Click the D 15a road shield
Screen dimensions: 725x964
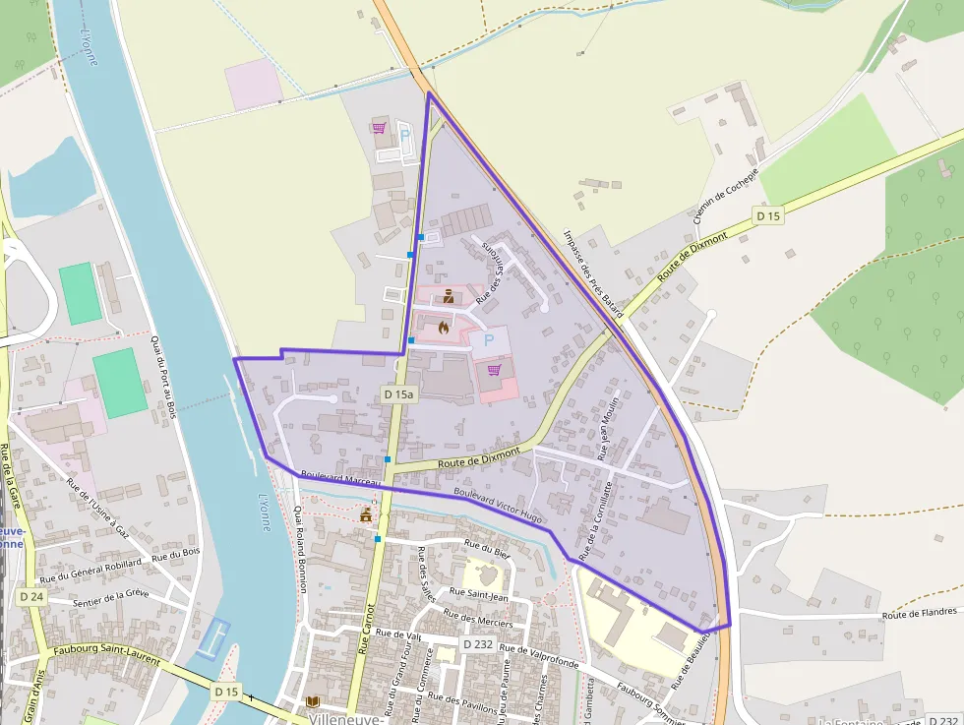coord(399,393)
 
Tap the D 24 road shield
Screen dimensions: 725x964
coord(31,596)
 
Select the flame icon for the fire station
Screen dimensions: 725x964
coord(444,328)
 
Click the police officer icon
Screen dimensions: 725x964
coord(449,296)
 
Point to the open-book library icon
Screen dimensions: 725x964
coord(313,701)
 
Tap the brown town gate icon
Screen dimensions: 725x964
coord(366,514)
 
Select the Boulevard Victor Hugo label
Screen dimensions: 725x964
coord(498,505)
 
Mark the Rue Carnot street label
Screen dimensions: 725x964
coord(365,629)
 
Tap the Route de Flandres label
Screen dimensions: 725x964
coord(919,614)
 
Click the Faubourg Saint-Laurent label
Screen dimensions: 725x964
coord(107,655)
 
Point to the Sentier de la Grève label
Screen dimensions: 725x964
coord(111,597)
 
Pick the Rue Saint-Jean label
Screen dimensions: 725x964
coord(478,595)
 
